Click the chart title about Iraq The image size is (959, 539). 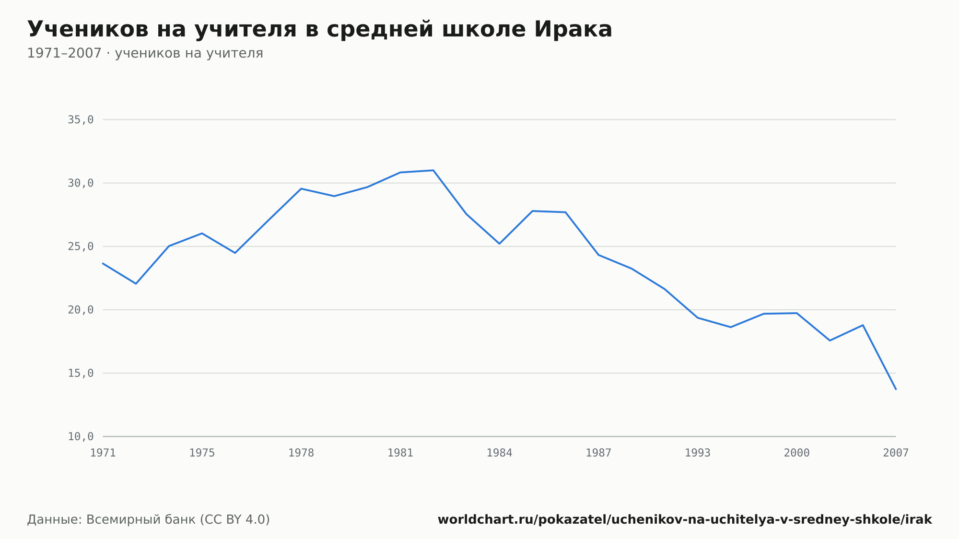320,29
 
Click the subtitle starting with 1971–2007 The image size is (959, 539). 145,53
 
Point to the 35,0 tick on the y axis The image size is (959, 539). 81,120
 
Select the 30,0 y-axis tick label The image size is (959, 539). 81,183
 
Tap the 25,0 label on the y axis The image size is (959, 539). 81,246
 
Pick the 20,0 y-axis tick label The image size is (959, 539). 81,310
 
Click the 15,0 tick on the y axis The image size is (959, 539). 81,373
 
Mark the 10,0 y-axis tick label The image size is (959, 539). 81,436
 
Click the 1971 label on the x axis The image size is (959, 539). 103,453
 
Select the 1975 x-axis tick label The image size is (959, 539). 202,453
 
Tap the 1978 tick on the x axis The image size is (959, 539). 301,453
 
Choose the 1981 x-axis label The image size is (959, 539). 400,453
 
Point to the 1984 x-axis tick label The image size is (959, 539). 499,453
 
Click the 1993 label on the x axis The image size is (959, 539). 698,453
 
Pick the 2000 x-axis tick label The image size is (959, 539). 796,453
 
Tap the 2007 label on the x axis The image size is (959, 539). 896,453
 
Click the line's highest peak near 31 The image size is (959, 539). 433,170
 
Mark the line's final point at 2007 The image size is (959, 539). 896,389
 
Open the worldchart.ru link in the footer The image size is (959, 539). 685,520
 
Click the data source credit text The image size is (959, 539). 149,520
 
